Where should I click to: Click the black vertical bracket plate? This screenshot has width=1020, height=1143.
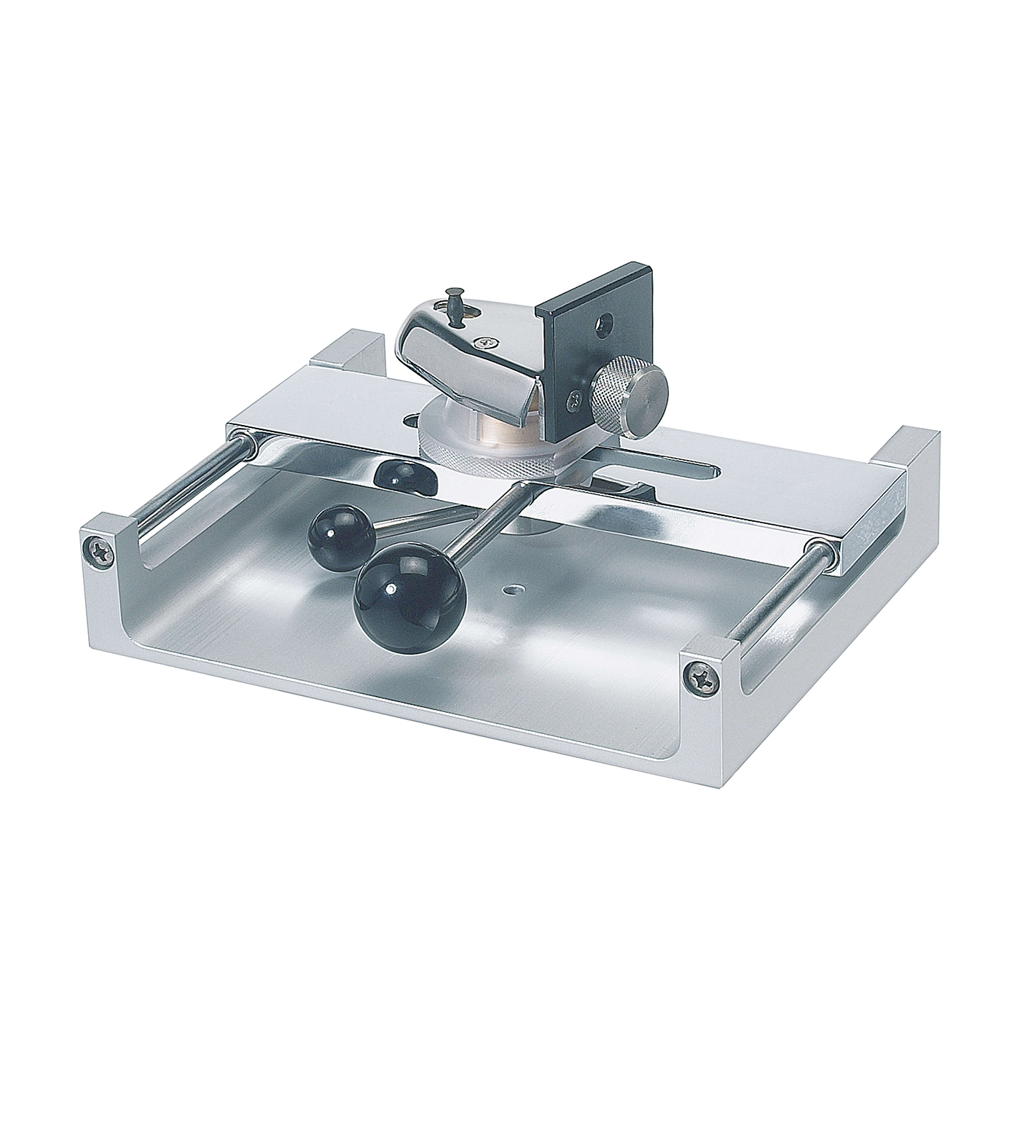pyautogui.click(x=583, y=321)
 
